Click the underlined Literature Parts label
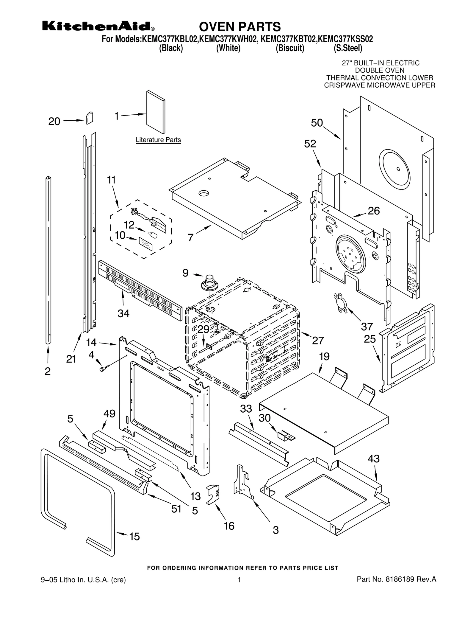pos(158,140)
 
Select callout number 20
pos(54,122)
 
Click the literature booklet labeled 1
pos(156,112)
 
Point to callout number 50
pos(317,123)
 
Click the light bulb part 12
pos(154,235)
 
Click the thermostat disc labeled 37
pos(340,303)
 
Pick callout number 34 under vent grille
pos(123,313)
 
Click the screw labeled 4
pos(104,369)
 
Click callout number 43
pos(373,459)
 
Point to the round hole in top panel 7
pos(204,194)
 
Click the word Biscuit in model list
pos(290,48)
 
